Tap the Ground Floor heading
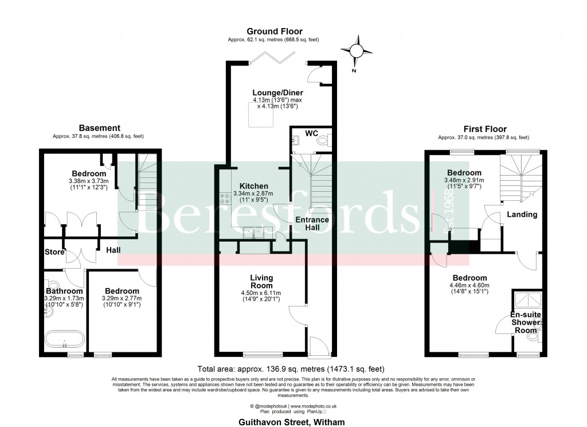[x=275, y=31]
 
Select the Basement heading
[x=99, y=128]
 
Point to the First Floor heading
[x=485, y=129]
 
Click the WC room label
[x=311, y=133]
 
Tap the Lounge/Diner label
[x=277, y=92]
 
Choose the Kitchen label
[x=254, y=186]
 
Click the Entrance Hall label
[x=312, y=224]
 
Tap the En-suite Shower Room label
[x=526, y=322]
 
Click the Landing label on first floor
[x=522, y=215]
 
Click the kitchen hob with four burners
[x=221, y=199]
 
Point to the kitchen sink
[x=253, y=232]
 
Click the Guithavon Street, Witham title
[x=293, y=421]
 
